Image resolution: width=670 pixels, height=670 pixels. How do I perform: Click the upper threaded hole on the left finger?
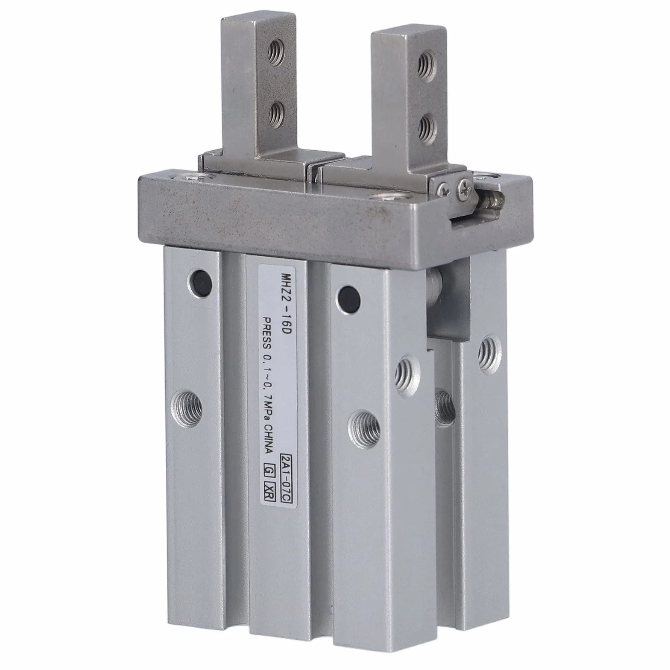pyautogui.click(x=274, y=54)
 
